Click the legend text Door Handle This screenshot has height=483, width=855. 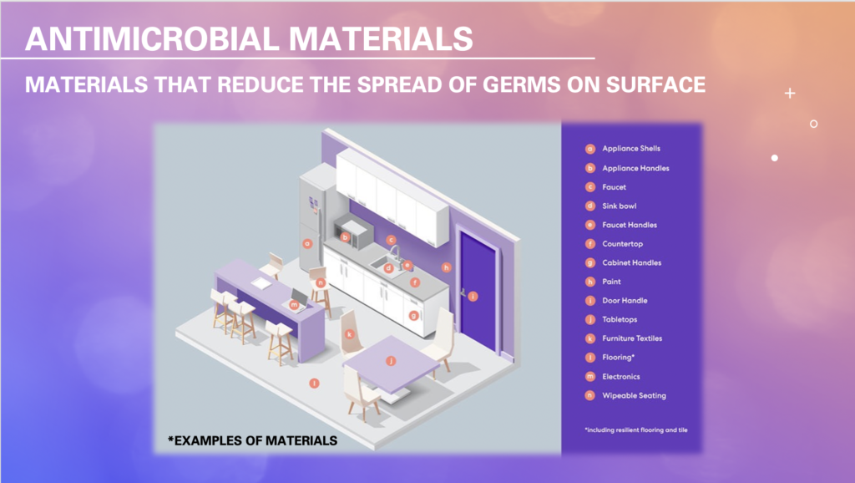click(625, 301)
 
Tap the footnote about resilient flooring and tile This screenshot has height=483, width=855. click(635, 430)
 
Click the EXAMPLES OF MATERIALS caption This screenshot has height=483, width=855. click(252, 441)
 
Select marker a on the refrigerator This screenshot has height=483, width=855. click(307, 244)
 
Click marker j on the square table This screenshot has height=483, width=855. click(391, 361)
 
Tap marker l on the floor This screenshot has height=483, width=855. click(314, 384)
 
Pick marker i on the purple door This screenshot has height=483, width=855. click(473, 297)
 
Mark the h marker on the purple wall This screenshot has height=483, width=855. click(447, 267)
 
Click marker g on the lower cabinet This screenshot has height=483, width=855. click(413, 315)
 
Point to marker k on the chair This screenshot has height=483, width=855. click(349, 334)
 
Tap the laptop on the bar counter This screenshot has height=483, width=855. click(298, 300)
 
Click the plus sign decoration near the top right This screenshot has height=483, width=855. click(790, 94)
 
